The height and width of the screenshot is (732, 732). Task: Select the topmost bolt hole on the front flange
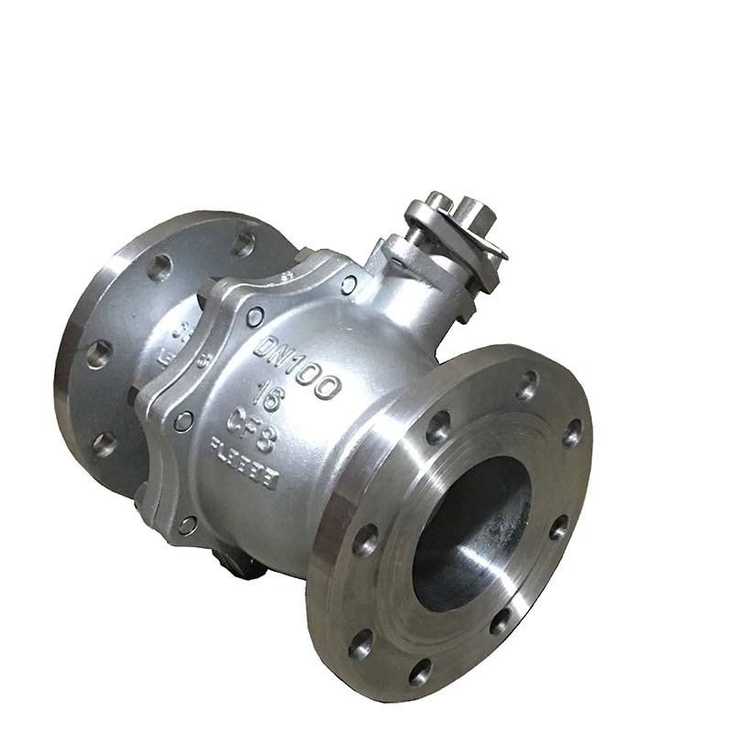pyautogui.click(x=527, y=385)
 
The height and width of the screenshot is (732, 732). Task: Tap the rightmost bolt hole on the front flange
pyautogui.click(x=573, y=432)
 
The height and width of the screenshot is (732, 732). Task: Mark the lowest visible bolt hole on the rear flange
pyautogui.click(x=103, y=446)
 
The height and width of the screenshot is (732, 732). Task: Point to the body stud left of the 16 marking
pyautogui.click(x=184, y=422)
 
